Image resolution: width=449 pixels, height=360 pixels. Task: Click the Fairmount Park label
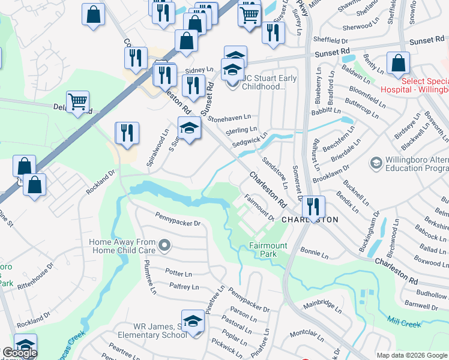tap(268, 250)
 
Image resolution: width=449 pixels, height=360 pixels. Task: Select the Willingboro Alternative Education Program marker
tap(376, 163)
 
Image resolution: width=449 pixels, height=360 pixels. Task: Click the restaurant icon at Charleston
tap(313, 208)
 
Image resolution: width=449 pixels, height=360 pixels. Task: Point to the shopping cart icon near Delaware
tap(78, 103)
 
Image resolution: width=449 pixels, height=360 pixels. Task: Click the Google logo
tap(19, 353)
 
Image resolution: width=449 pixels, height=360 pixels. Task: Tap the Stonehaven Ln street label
tap(230, 119)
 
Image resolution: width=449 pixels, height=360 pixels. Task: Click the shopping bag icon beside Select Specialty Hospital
tap(399, 64)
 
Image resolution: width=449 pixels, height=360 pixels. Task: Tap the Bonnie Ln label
tap(315, 253)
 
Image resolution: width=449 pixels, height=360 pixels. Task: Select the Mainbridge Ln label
tap(321, 306)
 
